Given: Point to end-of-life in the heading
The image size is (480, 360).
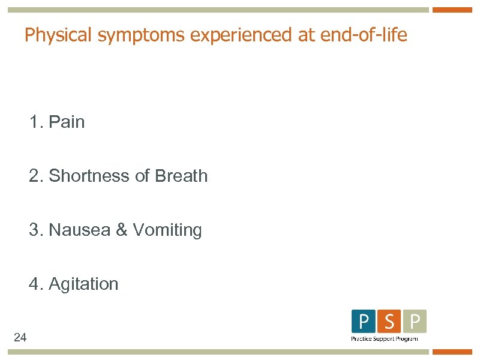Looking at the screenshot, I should pyautogui.click(x=364, y=35).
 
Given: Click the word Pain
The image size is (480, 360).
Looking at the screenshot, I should pyautogui.click(x=67, y=122).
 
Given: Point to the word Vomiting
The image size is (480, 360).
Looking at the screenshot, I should pyautogui.click(x=167, y=230).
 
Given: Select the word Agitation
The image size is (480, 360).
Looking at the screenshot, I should pyautogui.click(x=83, y=284).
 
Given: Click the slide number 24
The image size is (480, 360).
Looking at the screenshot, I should pyautogui.click(x=20, y=338).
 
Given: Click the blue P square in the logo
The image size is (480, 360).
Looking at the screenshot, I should pyautogui.click(x=364, y=322).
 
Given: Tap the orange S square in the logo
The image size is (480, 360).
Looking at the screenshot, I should pyautogui.click(x=389, y=322).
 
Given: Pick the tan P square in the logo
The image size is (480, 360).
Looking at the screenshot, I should pyautogui.click(x=415, y=322).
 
